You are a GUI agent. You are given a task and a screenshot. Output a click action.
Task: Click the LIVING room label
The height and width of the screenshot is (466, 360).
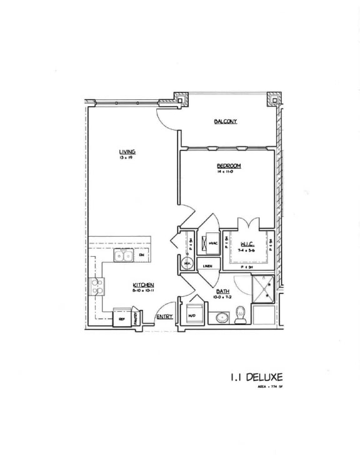[x=127, y=152]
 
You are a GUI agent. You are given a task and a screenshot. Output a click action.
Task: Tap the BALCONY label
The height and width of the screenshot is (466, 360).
[x=225, y=121]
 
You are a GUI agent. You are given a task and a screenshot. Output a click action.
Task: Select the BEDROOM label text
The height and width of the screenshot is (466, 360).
[x=229, y=166]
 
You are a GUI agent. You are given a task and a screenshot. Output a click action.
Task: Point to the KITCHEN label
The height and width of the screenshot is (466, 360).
[x=143, y=286]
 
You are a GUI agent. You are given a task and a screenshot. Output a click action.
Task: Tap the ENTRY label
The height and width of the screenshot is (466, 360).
[x=164, y=317]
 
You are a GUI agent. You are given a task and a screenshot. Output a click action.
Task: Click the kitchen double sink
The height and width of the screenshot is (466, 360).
[x=123, y=255]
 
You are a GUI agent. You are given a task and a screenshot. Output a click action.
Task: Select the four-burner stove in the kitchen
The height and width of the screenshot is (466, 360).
[x=98, y=286]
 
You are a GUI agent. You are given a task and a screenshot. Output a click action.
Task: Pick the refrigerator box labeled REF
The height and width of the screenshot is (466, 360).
[x=122, y=319]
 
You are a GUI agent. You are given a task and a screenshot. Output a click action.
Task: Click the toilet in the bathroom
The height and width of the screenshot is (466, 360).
[x=241, y=317]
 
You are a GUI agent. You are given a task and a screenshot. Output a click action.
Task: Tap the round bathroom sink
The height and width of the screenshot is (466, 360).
[x=221, y=318]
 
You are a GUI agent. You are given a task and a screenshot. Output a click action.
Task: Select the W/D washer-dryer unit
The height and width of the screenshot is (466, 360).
[x=192, y=315]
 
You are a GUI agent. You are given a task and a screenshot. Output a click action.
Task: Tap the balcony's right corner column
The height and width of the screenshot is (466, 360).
[x=273, y=98]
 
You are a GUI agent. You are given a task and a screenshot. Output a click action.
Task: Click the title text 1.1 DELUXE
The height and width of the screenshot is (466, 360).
[x=255, y=377]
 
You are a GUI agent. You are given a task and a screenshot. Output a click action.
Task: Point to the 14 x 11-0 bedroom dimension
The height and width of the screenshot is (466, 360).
[x=229, y=171]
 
